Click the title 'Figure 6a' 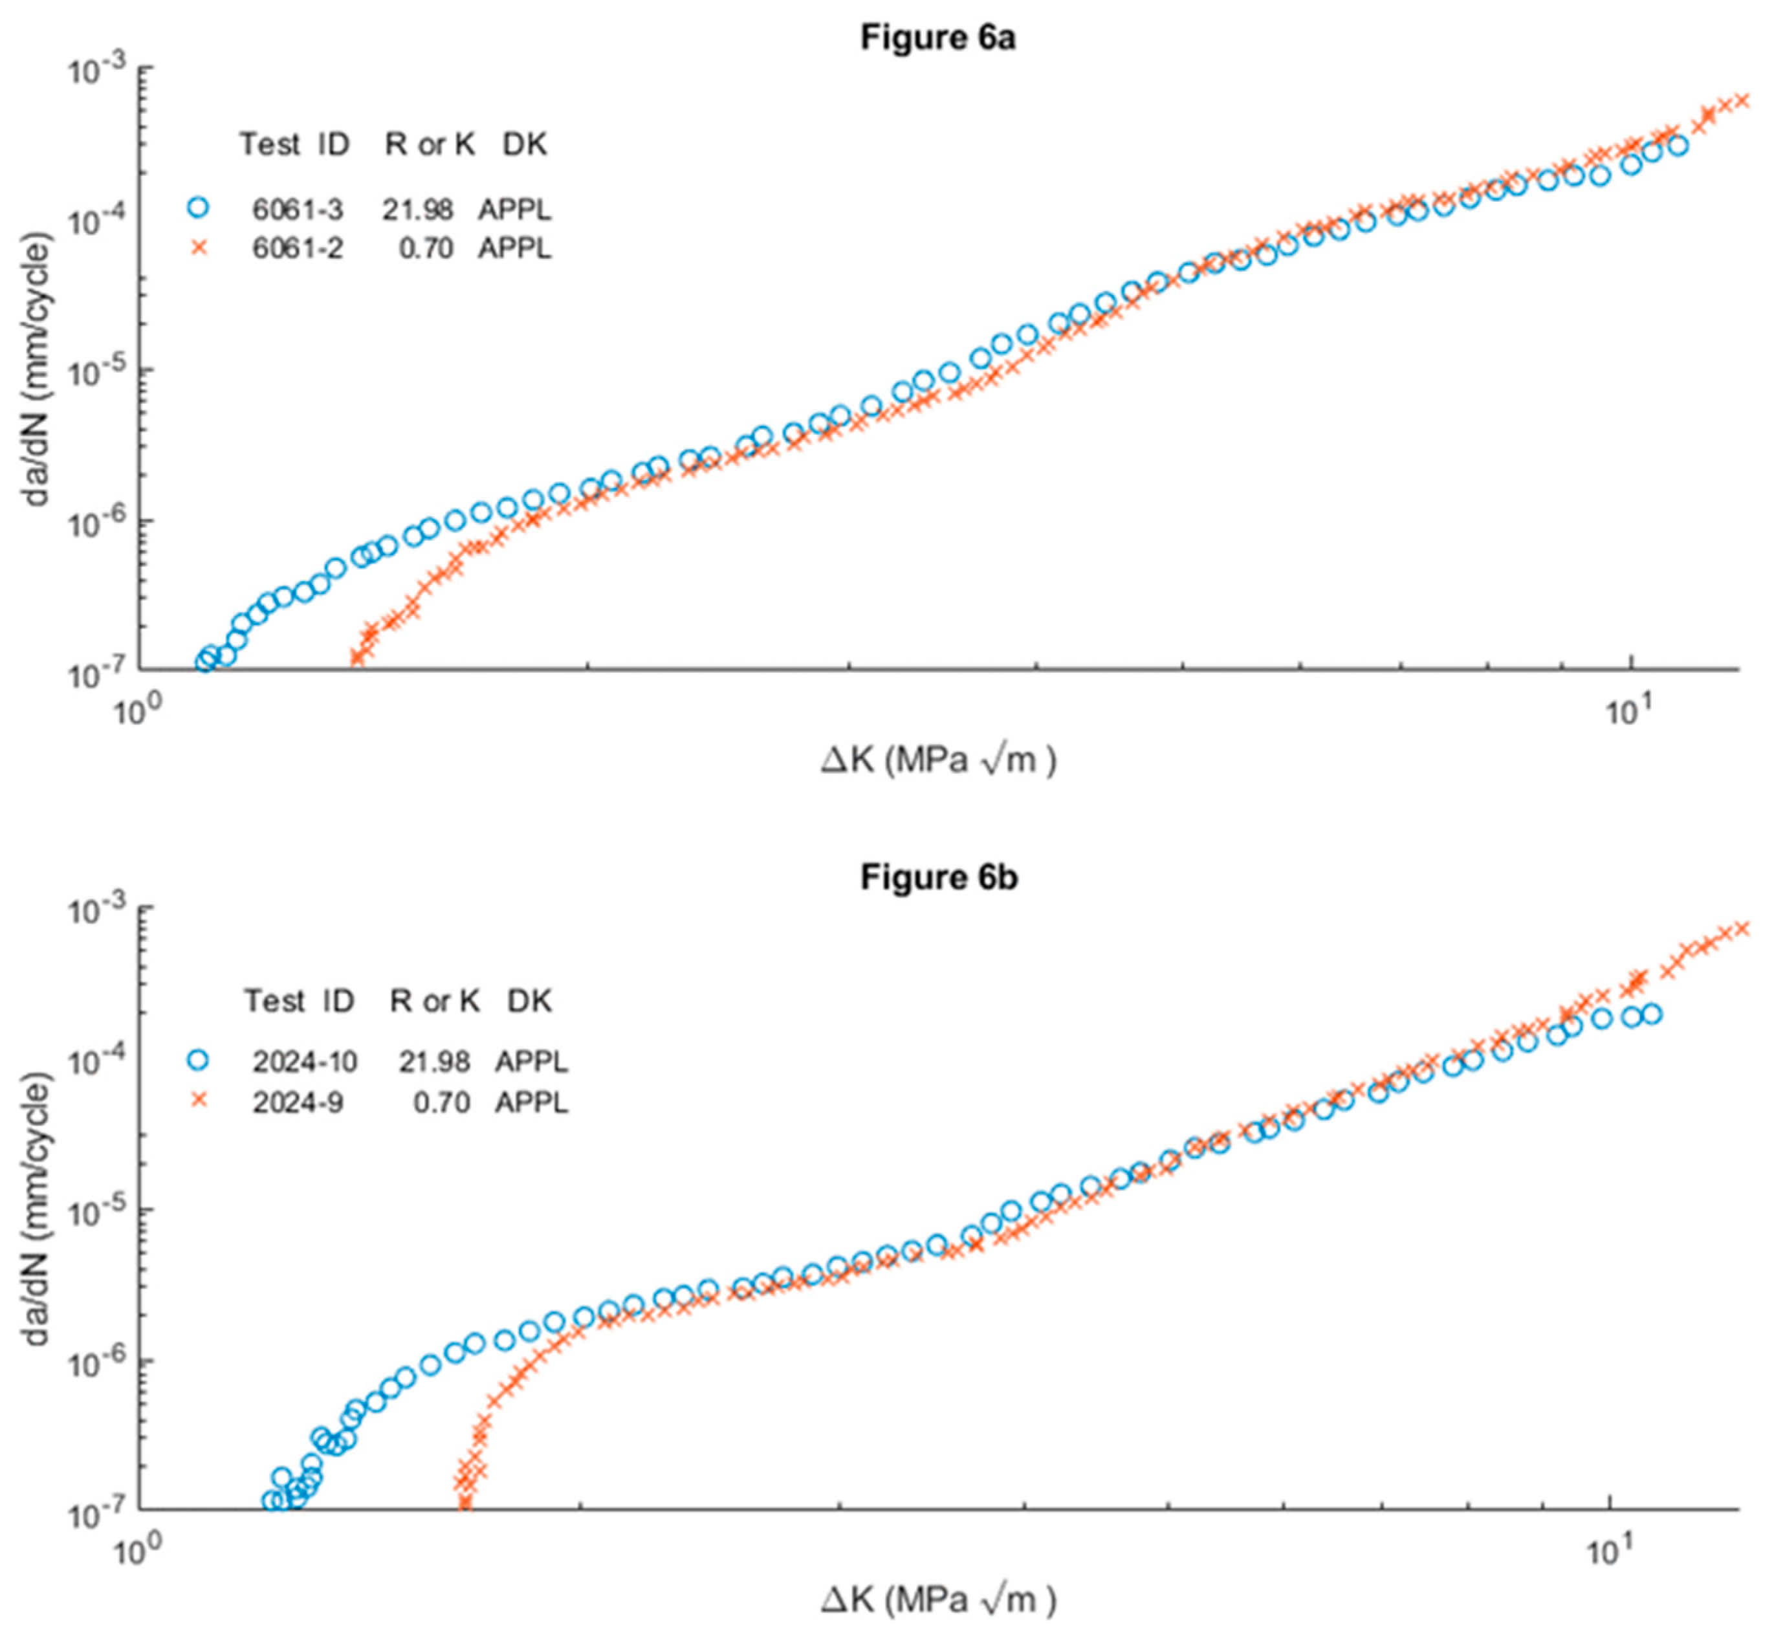937,38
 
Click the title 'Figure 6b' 937,877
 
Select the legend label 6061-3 297,209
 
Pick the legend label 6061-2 297,248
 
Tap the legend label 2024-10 304,1061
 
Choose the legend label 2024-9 297,1102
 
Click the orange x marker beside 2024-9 199,1101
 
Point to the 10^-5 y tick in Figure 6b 97,1212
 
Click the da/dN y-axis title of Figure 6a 36,369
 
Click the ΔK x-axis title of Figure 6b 937,1599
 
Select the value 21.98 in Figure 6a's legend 417,209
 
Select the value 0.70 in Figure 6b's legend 441,1102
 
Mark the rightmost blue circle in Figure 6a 1677,145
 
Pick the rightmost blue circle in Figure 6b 1651,1013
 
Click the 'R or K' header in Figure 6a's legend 430,144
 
